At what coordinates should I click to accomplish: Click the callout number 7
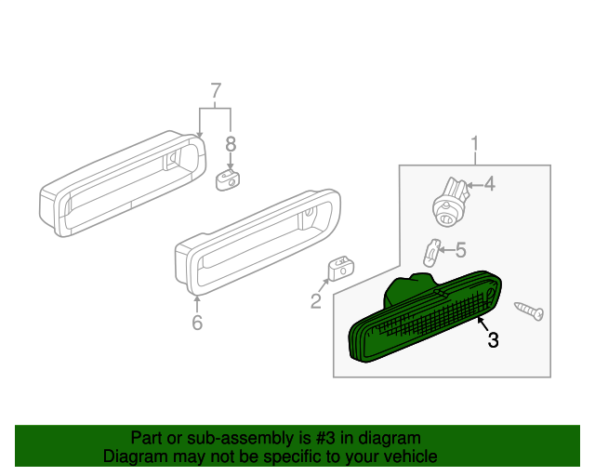click(216, 91)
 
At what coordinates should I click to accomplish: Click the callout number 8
click(231, 144)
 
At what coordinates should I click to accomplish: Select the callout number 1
click(475, 144)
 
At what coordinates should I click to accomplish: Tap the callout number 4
click(489, 184)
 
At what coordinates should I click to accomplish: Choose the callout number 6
click(197, 323)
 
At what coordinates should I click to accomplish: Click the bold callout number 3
click(493, 340)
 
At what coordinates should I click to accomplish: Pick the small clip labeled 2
click(338, 268)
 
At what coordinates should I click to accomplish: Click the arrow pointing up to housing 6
click(197, 301)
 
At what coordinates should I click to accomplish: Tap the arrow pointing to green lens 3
click(482, 323)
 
